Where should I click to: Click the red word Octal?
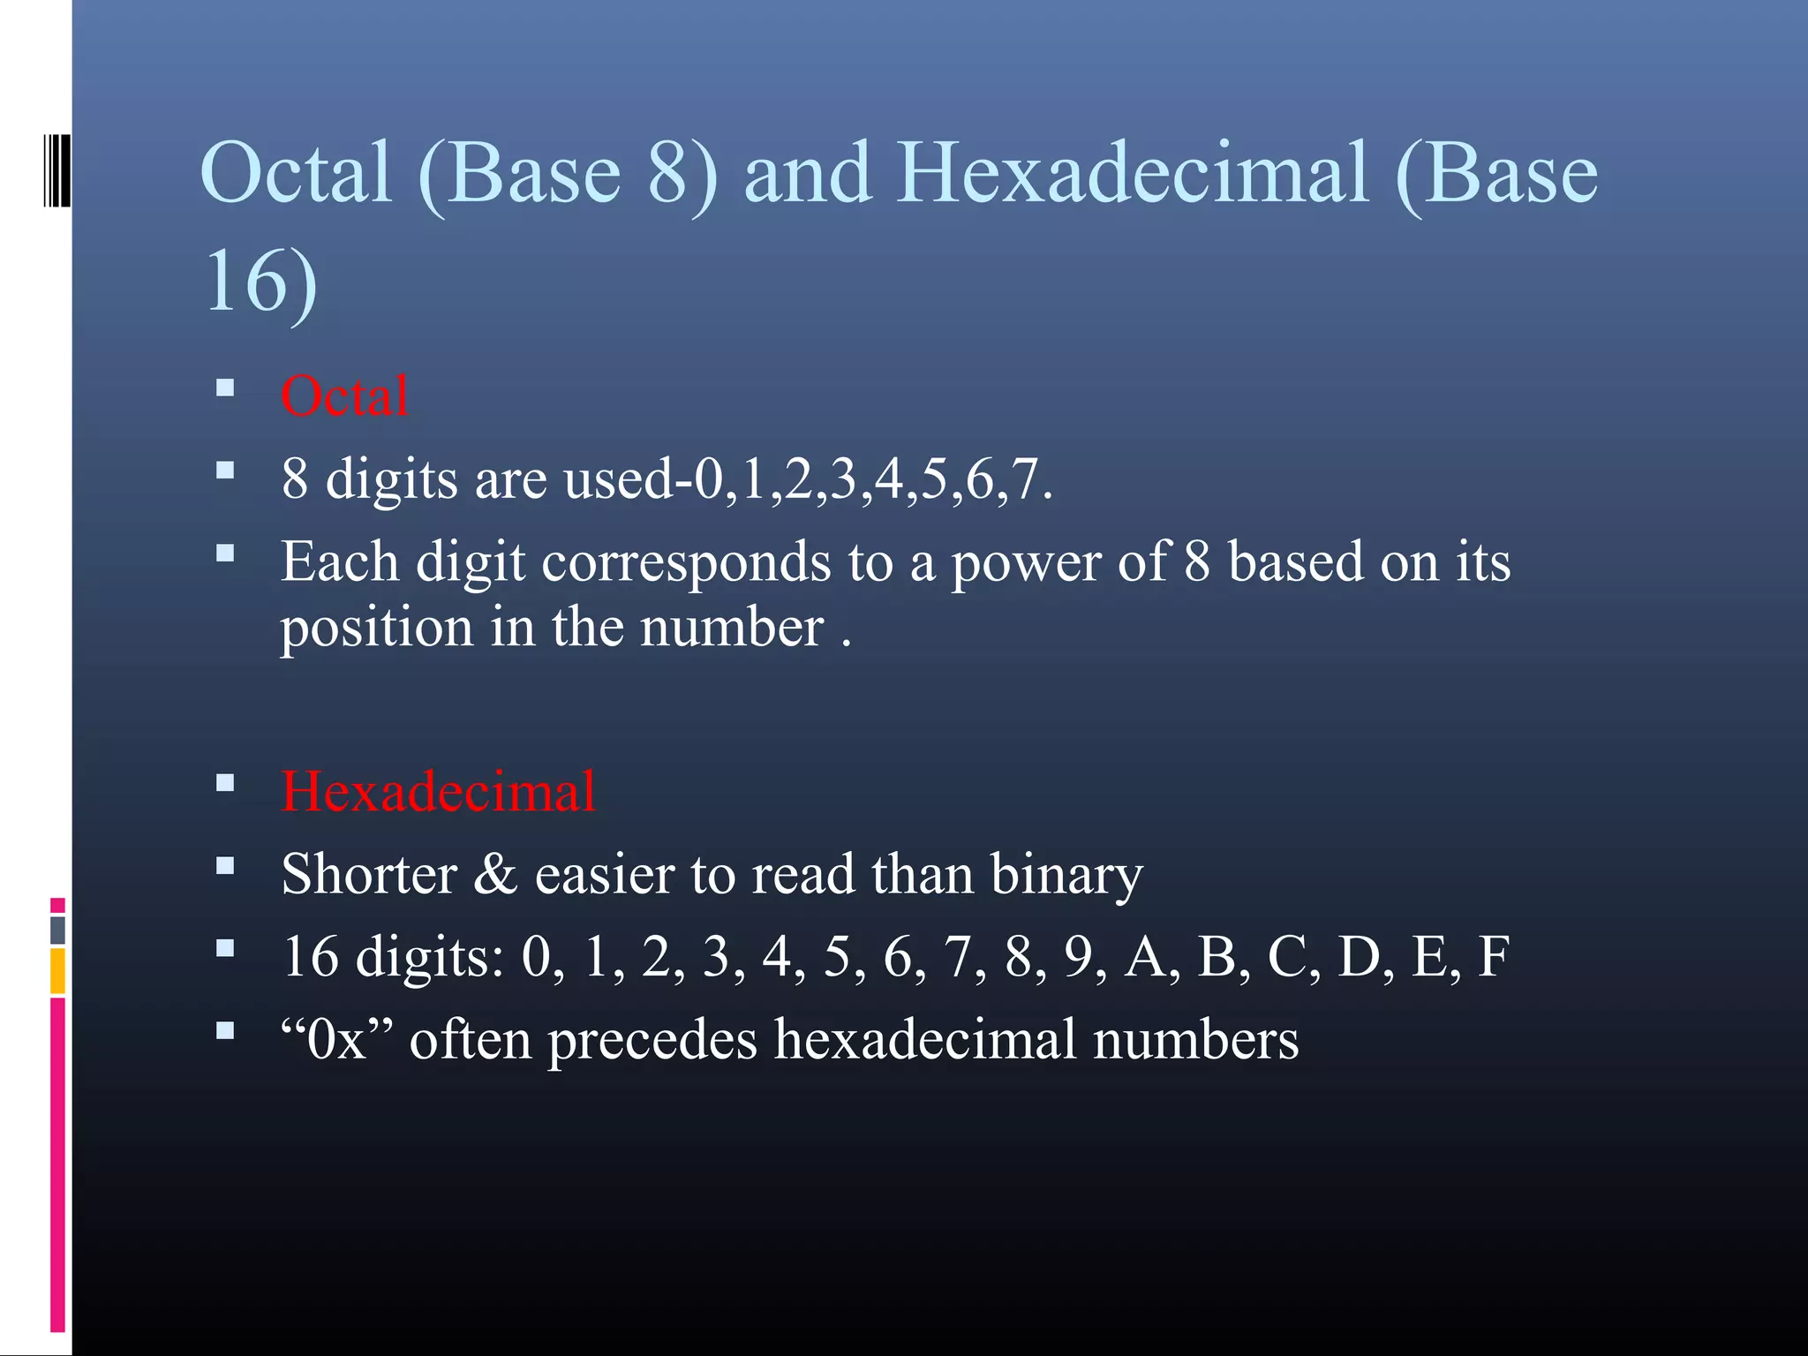point(344,396)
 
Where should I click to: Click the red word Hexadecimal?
point(438,791)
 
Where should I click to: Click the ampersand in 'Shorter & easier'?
point(495,874)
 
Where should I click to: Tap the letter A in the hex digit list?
point(1145,956)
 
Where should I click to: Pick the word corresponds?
point(686,563)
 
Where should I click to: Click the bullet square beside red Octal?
point(225,388)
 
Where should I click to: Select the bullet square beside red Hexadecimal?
point(225,782)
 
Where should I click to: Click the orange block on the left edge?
point(57,970)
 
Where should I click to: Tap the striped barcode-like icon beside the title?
point(56,170)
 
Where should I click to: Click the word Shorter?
point(369,874)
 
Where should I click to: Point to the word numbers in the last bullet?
point(1195,1039)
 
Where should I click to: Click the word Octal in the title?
point(296,173)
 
